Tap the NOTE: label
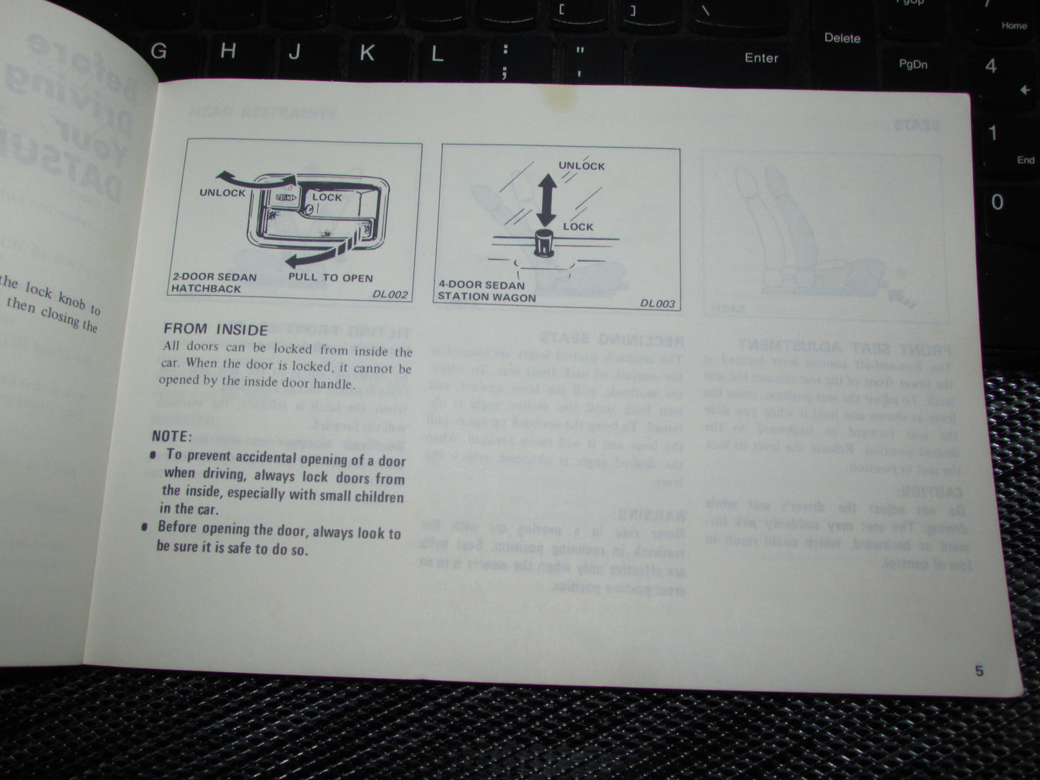(x=171, y=436)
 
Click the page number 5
(x=979, y=671)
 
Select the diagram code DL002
(x=390, y=294)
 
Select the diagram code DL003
(x=658, y=304)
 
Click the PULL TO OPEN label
(x=330, y=278)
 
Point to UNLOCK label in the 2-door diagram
(x=222, y=193)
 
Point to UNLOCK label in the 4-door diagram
(x=582, y=165)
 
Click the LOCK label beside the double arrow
(x=578, y=227)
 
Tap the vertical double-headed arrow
(x=546, y=194)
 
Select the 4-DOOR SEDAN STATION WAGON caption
(x=487, y=291)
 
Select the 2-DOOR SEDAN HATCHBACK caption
(x=214, y=282)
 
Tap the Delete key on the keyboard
(x=841, y=38)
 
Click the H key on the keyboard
(x=227, y=50)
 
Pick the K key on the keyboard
(x=366, y=53)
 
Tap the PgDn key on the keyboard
(x=913, y=65)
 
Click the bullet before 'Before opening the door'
(x=145, y=528)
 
